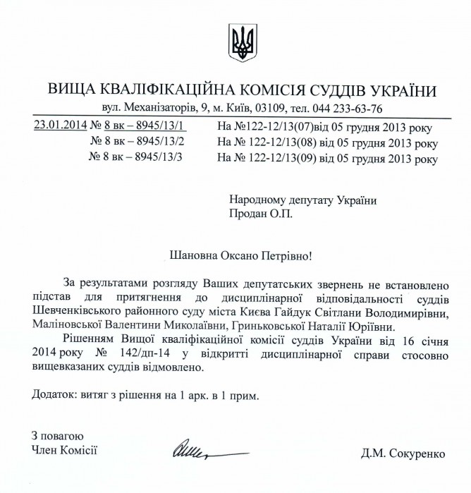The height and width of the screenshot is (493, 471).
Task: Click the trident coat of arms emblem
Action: tap(243, 43)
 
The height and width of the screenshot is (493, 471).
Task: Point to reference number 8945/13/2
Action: tap(153, 142)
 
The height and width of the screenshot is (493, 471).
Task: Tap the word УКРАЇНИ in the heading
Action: tap(397, 90)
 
